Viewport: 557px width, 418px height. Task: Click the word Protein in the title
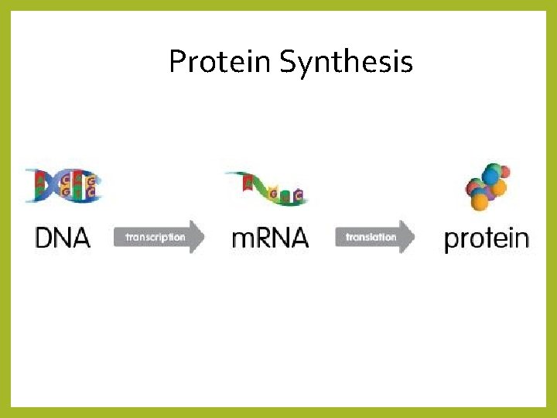click(x=220, y=61)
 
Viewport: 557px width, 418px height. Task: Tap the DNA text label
click(x=63, y=237)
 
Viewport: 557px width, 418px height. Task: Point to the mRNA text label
click(x=270, y=237)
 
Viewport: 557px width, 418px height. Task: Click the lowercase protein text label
click(x=487, y=238)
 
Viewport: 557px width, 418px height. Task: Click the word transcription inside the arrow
click(x=155, y=237)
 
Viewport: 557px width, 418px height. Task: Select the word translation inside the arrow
click(x=371, y=237)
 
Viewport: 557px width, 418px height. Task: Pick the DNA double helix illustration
click(x=63, y=187)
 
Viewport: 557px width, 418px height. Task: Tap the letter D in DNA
click(x=46, y=237)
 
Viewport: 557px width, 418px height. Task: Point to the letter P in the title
click(x=177, y=61)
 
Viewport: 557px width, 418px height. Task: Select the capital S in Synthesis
click(x=288, y=61)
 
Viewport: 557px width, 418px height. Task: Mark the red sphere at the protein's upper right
click(x=503, y=171)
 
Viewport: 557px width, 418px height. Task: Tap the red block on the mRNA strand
click(x=248, y=183)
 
